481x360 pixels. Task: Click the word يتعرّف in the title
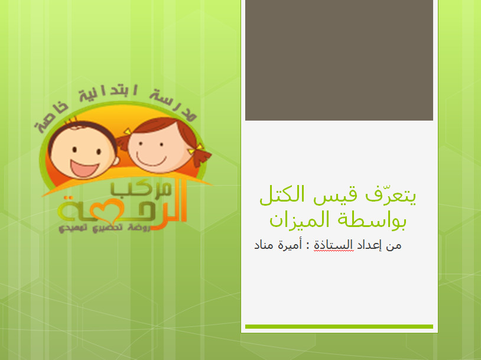(x=391, y=195)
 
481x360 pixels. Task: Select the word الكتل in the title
(x=282, y=194)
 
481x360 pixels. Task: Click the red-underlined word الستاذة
(x=333, y=245)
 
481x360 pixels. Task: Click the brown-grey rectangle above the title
(x=339, y=60)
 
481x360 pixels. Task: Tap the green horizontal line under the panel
(x=339, y=326)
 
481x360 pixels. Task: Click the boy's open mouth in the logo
(x=84, y=168)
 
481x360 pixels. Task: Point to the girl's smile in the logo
(x=151, y=160)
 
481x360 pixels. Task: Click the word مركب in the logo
(x=141, y=189)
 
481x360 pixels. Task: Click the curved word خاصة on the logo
(x=51, y=118)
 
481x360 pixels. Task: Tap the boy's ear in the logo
(x=116, y=160)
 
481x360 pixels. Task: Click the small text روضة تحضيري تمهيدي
(x=105, y=228)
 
